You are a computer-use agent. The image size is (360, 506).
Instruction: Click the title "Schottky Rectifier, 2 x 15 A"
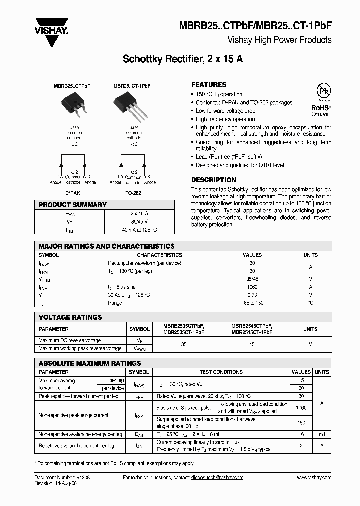183,59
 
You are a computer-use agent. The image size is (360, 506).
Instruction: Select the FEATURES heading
209,85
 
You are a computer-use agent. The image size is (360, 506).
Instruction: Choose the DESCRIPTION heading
214,180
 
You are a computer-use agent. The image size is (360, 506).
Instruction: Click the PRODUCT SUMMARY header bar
104,205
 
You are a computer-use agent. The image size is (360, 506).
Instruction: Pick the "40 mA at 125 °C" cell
139,230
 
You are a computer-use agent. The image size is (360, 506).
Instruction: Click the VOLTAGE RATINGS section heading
70,317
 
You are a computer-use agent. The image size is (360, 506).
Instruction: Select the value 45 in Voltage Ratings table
252,344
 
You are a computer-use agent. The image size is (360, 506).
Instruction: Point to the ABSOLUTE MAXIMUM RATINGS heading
90,363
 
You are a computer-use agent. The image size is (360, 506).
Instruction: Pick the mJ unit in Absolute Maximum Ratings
322,435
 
